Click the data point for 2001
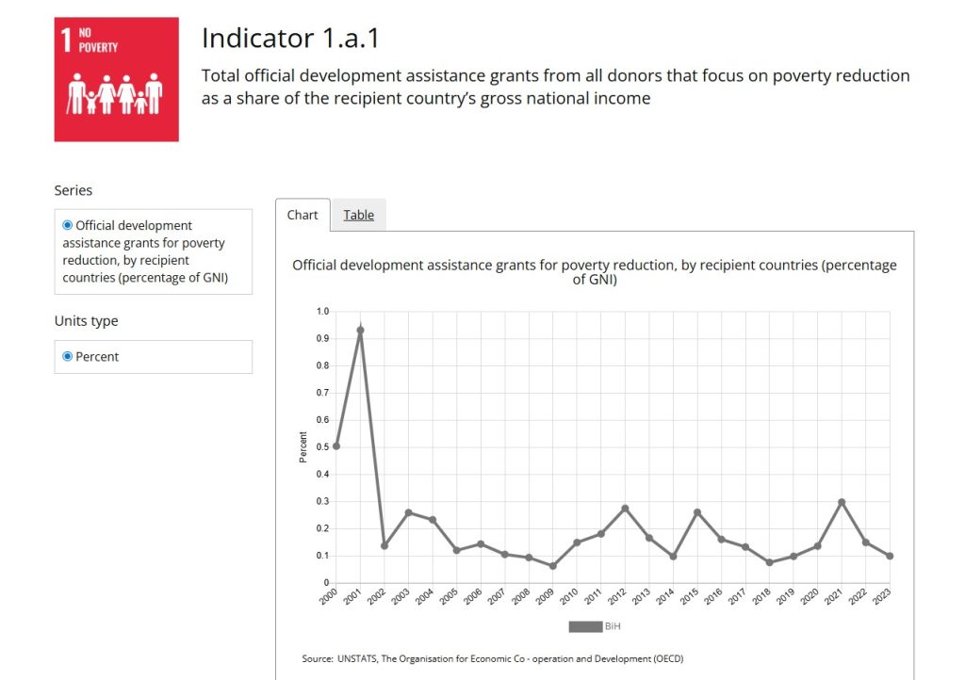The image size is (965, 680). [360, 331]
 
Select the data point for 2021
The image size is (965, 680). [842, 503]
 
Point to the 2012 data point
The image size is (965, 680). [625, 509]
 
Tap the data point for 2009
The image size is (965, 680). [552, 566]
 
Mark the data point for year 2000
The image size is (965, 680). [336, 446]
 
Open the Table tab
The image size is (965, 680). [358, 215]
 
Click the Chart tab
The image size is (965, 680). [303, 215]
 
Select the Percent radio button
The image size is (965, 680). [68, 357]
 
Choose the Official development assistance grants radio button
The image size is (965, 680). [68, 226]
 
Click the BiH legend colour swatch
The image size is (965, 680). [584, 626]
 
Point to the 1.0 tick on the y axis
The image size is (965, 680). [322, 311]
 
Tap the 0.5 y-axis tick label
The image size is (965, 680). [322, 447]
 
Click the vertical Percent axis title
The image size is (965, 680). [303, 446]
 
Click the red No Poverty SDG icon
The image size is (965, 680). [116, 79]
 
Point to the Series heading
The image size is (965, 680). [74, 190]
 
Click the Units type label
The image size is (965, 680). [87, 321]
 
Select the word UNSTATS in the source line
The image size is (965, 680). [356, 657]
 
